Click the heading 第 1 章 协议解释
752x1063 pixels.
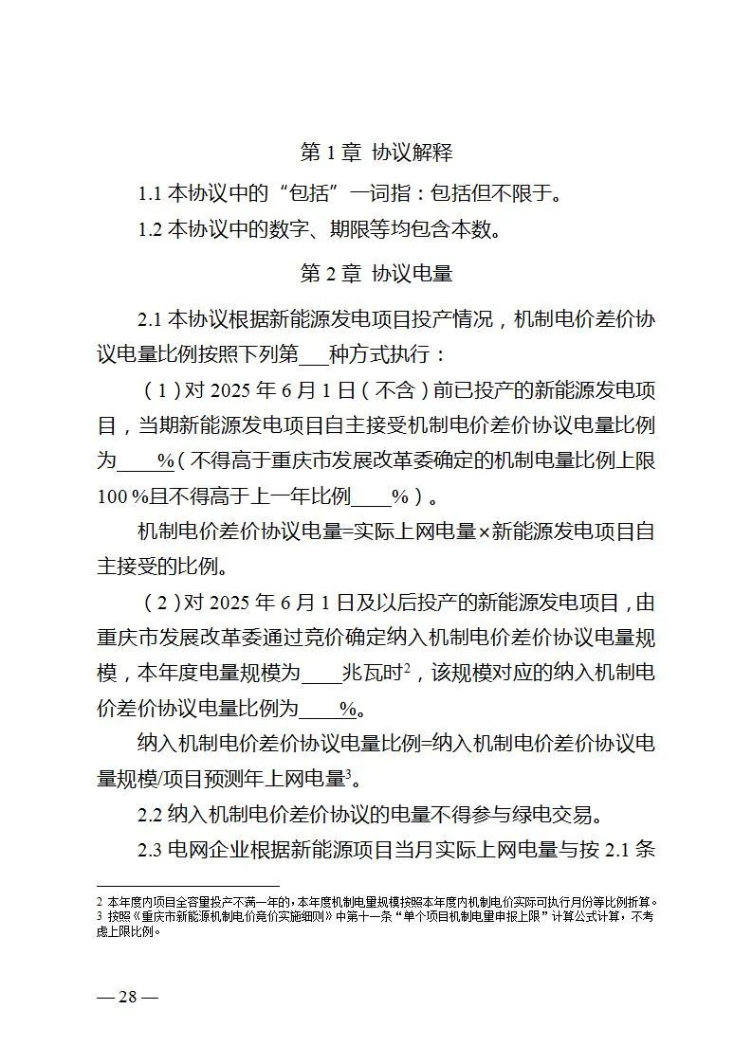point(376,152)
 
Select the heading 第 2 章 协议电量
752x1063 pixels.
point(376,274)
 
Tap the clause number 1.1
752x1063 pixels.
point(151,195)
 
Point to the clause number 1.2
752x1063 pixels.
point(151,229)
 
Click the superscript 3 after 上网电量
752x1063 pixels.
point(348,774)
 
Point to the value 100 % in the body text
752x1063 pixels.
point(117,495)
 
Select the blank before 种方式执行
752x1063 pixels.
point(313,355)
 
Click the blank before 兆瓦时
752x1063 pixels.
point(321,675)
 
